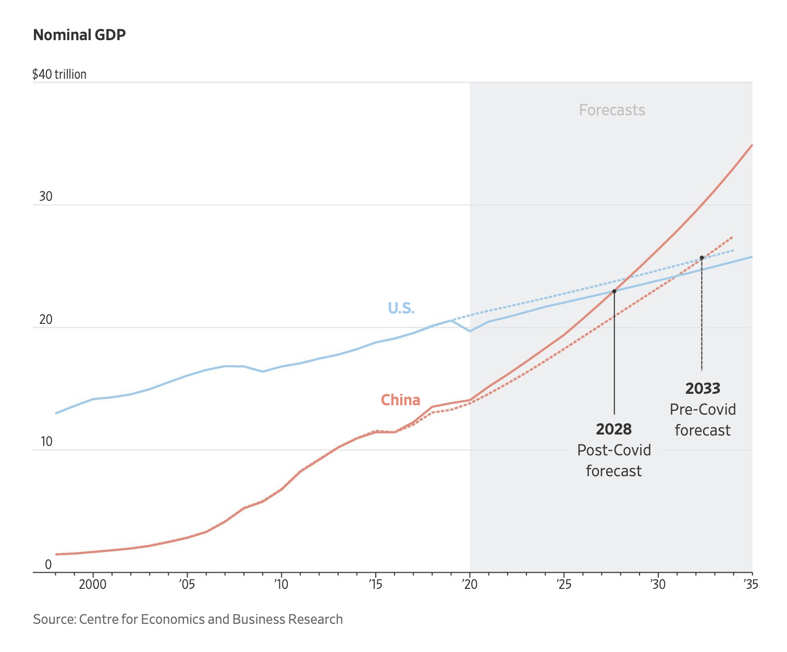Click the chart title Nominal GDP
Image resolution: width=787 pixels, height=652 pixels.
pos(79,35)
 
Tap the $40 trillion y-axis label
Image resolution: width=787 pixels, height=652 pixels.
pos(59,74)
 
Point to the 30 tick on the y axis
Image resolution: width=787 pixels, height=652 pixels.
pos(46,197)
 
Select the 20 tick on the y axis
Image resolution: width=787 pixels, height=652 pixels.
pos(46,319)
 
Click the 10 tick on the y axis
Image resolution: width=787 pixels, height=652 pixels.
pos(46,442)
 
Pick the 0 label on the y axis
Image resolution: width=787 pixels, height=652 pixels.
pos(48,564)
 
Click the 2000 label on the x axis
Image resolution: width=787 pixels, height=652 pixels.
pos(93,584)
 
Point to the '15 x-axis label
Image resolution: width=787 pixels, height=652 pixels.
pos(375,584)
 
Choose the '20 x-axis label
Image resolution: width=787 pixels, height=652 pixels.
pos(469,584)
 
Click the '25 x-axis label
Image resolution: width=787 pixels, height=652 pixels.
pos(563,584)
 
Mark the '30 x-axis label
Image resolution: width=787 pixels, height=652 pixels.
pos(658,584)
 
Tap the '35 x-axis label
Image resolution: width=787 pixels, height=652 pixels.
pos(751,584)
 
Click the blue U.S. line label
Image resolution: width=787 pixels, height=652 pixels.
pos(401,308)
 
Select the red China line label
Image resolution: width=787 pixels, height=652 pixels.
pos(400,400)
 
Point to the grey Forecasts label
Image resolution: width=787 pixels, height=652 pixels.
pos(612,110)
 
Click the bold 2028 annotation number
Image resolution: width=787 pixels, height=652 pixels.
pos(613,429)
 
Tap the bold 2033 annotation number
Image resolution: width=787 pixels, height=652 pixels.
pos(703,389)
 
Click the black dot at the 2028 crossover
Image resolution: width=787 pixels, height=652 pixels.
pos(614,291)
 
